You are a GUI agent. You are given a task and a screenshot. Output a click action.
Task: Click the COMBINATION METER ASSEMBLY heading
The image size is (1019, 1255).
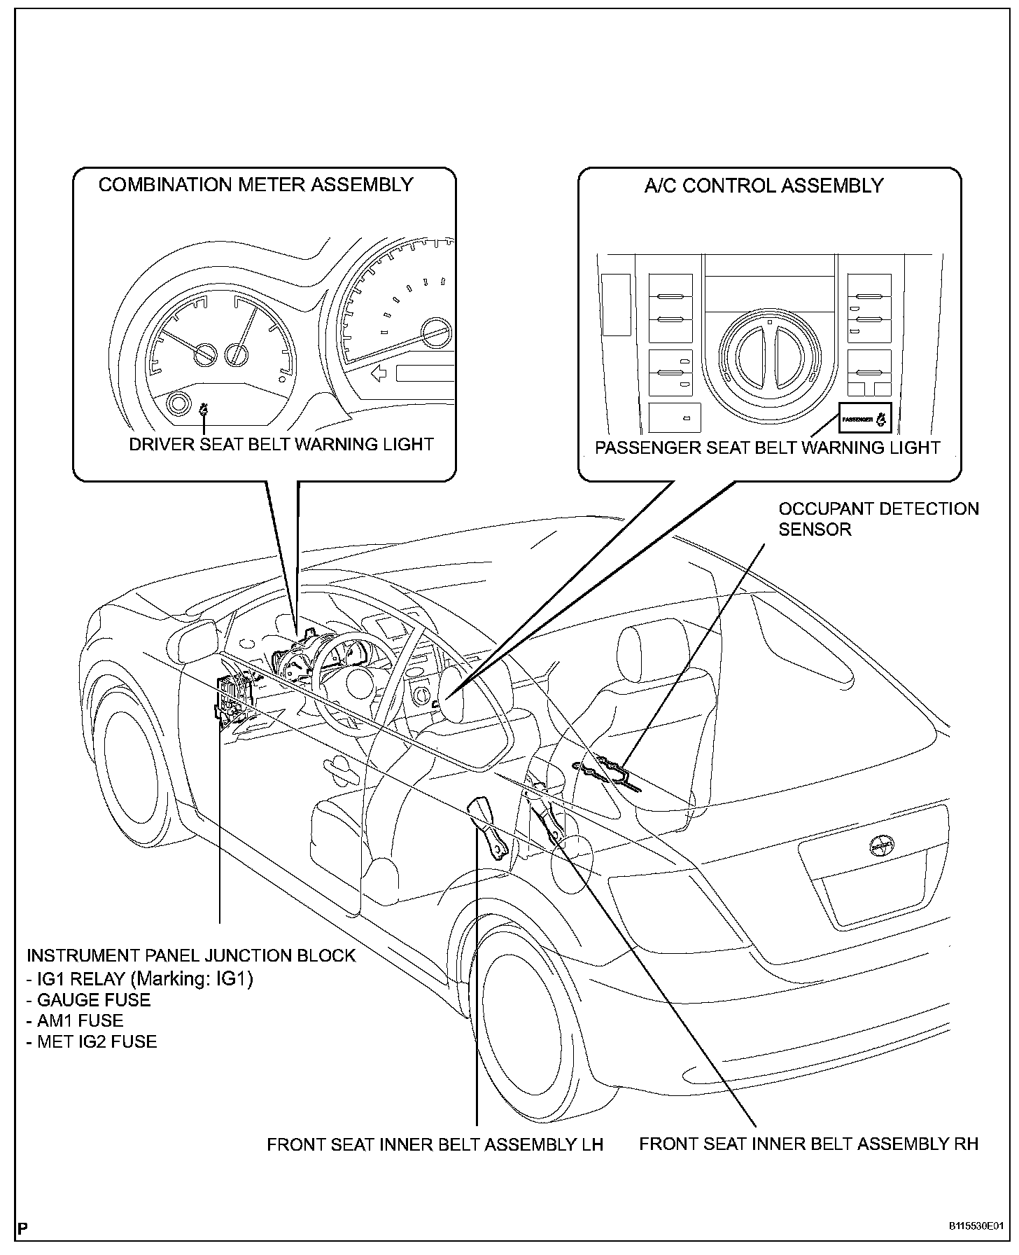[x=255, y=185]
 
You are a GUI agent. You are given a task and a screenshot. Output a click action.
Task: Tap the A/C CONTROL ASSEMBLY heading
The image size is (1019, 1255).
[x=764, y=186]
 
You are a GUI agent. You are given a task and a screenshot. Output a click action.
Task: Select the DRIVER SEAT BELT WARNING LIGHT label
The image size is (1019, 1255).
[x=281, y=445]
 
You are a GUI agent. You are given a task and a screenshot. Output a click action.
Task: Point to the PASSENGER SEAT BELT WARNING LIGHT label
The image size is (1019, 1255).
[x=767, y=448]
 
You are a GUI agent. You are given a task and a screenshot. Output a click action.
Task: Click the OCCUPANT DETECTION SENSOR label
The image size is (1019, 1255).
[x=878, y=519]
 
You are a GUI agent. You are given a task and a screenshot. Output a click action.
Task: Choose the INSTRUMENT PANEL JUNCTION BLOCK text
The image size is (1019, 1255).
[x=191, y=956]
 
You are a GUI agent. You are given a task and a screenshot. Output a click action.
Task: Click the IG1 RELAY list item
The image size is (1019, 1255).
[x=140, y=978]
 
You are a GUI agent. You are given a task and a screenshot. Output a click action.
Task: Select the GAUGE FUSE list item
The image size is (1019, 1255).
[x=89, y=1000]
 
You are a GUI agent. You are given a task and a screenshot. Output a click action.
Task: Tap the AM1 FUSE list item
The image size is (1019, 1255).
[x=75, y=1020]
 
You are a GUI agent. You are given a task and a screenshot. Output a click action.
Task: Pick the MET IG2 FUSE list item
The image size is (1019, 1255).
[x=92, y=1041]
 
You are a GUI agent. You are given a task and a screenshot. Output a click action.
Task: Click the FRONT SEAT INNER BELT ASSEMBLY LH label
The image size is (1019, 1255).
[x=435, y=1144]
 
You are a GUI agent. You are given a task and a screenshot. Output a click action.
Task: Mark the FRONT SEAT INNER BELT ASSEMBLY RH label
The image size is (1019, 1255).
[x=808, y=1144]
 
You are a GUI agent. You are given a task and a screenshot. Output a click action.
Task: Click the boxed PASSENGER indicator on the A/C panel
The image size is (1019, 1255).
[x=865, y=420]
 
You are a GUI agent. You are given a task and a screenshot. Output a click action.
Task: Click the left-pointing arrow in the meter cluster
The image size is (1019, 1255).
[x=379, y=373]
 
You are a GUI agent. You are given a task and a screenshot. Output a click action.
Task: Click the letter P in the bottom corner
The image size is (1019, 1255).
[x=23, y=1229]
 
